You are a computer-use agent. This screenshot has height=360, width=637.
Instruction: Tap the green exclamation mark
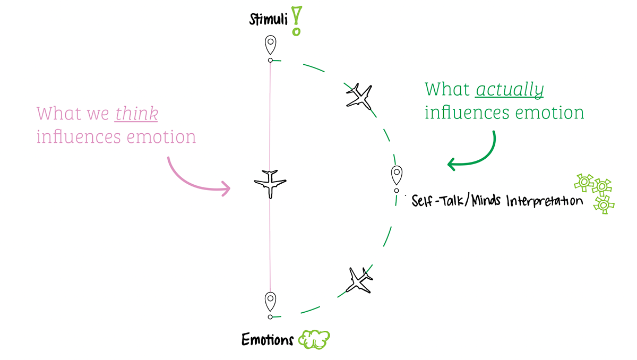296,21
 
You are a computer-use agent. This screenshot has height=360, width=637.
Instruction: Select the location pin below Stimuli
271,45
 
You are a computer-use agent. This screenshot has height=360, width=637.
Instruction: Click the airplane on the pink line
270,183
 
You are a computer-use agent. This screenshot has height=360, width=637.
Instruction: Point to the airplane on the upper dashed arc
359,96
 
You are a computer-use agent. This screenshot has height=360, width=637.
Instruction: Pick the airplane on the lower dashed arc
358,280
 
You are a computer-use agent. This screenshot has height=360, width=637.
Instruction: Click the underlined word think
136,114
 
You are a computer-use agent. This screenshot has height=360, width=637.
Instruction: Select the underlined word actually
510,90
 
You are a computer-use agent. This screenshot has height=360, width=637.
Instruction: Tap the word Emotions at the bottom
267,339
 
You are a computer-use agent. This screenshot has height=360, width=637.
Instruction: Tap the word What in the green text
447,89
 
